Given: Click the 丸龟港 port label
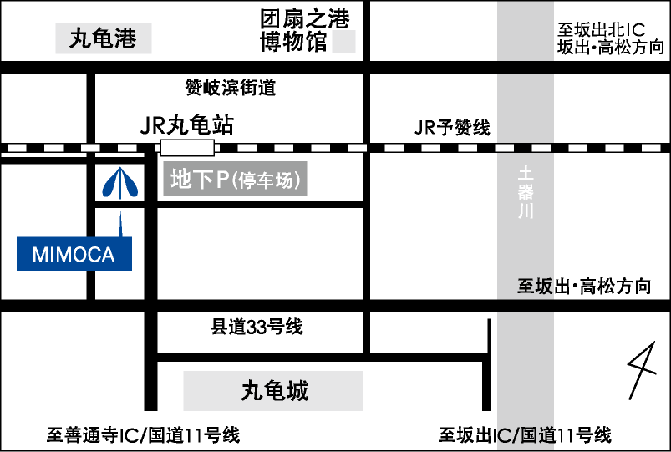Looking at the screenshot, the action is [x=103, y=38].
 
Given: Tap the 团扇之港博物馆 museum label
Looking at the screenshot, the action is [x=305, y=31].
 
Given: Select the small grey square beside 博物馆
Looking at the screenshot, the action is [x=343, y=42].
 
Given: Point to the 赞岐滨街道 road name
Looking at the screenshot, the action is [x=231, y=88].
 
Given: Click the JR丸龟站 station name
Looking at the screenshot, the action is [x=187, y=125].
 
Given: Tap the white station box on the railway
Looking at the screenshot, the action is [x=187, y=148].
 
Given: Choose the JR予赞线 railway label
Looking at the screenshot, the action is [x=452, y=127].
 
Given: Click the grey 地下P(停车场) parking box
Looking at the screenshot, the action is [x=235, y=179].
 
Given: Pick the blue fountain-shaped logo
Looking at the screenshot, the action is [x=120, y=183].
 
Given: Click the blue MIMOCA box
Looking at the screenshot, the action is [x=74, y=254].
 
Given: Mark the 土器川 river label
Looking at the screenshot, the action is [x=526, y=192].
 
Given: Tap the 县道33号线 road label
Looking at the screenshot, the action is [x=256, y=327].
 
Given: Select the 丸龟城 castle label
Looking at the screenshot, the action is [x=274, y=391].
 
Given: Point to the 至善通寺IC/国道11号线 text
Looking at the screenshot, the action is [x=143, y=435].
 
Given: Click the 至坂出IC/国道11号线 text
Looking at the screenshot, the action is [x=525, y=435].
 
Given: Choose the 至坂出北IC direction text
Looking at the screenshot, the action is [x=601, y=30].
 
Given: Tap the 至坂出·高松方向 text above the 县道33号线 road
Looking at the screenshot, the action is [x=584, y=286].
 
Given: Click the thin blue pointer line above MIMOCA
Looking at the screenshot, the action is [x=120, y=224].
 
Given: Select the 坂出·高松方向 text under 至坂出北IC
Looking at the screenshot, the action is [x=611, y=47].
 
